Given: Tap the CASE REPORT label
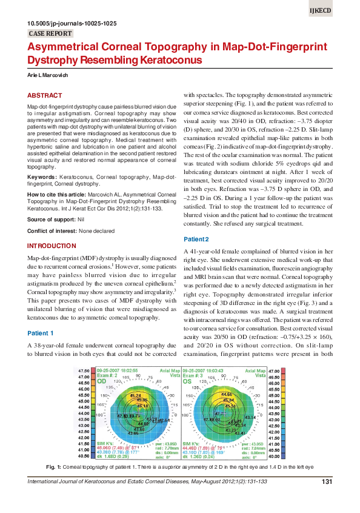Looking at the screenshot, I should pos(48,33).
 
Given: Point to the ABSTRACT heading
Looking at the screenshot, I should pos(45,96).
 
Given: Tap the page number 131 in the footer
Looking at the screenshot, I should pos(325,482).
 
